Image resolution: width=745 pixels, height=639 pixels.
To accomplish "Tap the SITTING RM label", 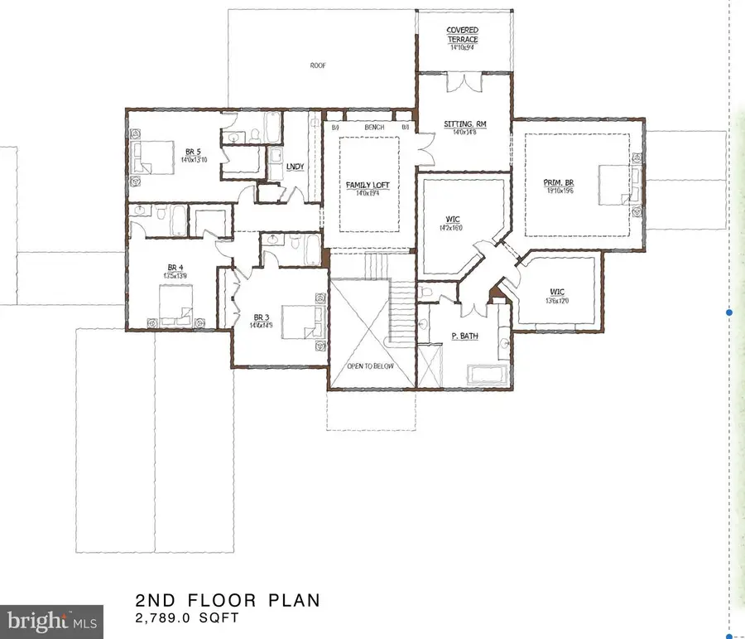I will coord(464,124).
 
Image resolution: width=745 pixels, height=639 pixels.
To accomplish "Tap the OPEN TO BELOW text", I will coord(371,365).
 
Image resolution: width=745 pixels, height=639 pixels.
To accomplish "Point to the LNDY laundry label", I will coord(295,166).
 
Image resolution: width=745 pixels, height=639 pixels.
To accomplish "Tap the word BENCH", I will coord(373,127).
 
